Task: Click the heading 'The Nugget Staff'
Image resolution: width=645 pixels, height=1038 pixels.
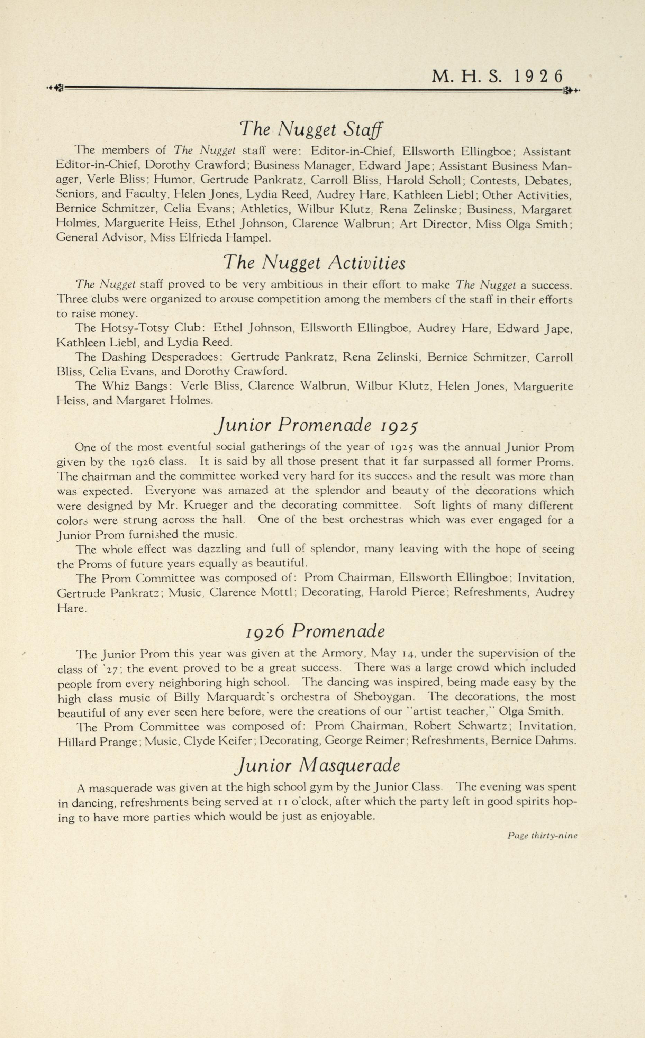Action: pos(311,129)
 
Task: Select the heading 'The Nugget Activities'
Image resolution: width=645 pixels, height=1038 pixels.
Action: pos(315,263)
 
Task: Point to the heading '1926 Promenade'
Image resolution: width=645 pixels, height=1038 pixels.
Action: pos(316,631)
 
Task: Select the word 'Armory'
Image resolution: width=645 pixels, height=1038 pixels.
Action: pos(344,653)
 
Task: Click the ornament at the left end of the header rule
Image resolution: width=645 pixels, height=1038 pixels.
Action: pos(55,89)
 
